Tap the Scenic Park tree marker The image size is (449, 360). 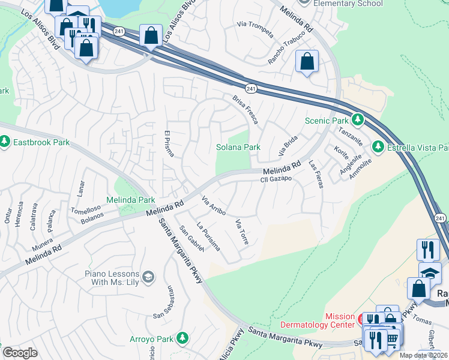(358, 120)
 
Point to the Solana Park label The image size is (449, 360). (238, 147)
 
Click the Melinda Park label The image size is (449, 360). (131, 200)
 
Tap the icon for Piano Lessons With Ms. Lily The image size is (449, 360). (148, 277)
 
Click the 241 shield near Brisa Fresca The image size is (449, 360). (252, 89)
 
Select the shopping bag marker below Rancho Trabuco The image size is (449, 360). (307, 62)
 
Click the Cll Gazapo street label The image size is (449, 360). (276, 179)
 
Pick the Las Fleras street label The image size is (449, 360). (316, 174)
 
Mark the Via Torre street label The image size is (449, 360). (242, 232)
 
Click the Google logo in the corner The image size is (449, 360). (20, 353)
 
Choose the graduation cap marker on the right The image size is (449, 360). (430, 273)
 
